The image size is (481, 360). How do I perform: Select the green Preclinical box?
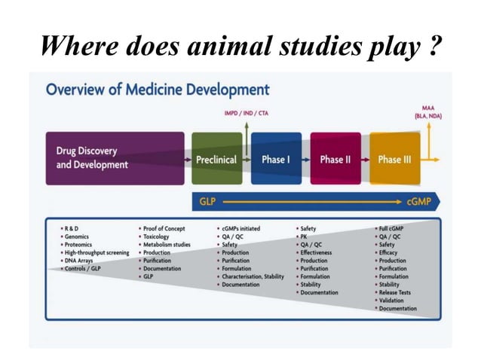pyautogui.click(x=216, y=159)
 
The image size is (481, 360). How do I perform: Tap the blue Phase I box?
pyautogui.click(x=275, y=159)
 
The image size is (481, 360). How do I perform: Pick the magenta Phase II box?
pyautogui.click(x=335, y=159)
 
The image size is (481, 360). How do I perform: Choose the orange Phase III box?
pyautogui.click(x=394, y=159)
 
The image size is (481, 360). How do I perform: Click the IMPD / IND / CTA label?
pyautogui.click(x=246, y=114)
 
